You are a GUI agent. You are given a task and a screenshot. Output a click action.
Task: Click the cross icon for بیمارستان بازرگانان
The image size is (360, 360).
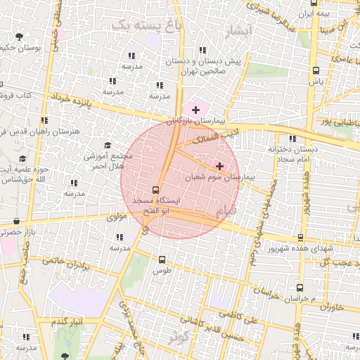click(x=195, y=110)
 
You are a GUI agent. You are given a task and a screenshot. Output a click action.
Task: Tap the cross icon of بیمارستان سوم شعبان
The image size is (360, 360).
click(x=220, y=167)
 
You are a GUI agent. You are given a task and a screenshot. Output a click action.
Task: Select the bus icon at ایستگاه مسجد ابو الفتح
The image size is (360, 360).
click(x=156, y=190)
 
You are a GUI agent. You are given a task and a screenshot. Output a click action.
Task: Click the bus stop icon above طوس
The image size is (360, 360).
click(x=162, y=259)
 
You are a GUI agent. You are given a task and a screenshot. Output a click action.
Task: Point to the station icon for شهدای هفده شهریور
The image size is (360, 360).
click(x=301, y=238)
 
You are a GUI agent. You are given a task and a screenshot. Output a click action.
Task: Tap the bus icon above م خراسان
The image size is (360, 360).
click(x=300, y=288)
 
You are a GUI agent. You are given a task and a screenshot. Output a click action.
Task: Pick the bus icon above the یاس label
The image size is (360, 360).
click(x=316, y=71)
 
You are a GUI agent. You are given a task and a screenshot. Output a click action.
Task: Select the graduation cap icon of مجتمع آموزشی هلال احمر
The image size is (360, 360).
click(x=107, y=146)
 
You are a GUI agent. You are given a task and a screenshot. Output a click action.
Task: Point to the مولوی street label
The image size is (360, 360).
click(x=116, y=218)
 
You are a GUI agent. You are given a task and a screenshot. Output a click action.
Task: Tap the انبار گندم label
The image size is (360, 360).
click(x=68, y=321)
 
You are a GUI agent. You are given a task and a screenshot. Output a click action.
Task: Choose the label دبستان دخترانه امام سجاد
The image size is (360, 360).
click(x=292, y=155)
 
